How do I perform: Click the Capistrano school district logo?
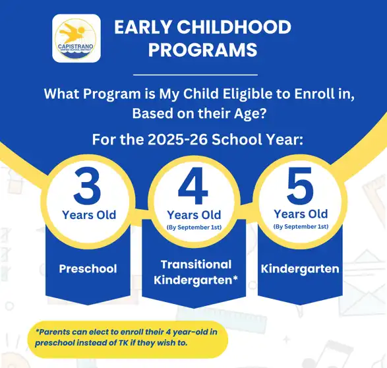pyautogui.click(x=76, y=38)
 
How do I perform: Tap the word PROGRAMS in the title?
pyautogui.click(x=202, y=50)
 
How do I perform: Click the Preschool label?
pyautogui.click(x=88, y=268)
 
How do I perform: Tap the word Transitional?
pyautogui.click(x=196, y=264)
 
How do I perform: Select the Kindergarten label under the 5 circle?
pyautogui.click(x=300, y=268)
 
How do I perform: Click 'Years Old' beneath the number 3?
pyautogui.click(x=88, y=215)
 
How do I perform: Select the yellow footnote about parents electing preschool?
pyautogui.click(x=129, y=338)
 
